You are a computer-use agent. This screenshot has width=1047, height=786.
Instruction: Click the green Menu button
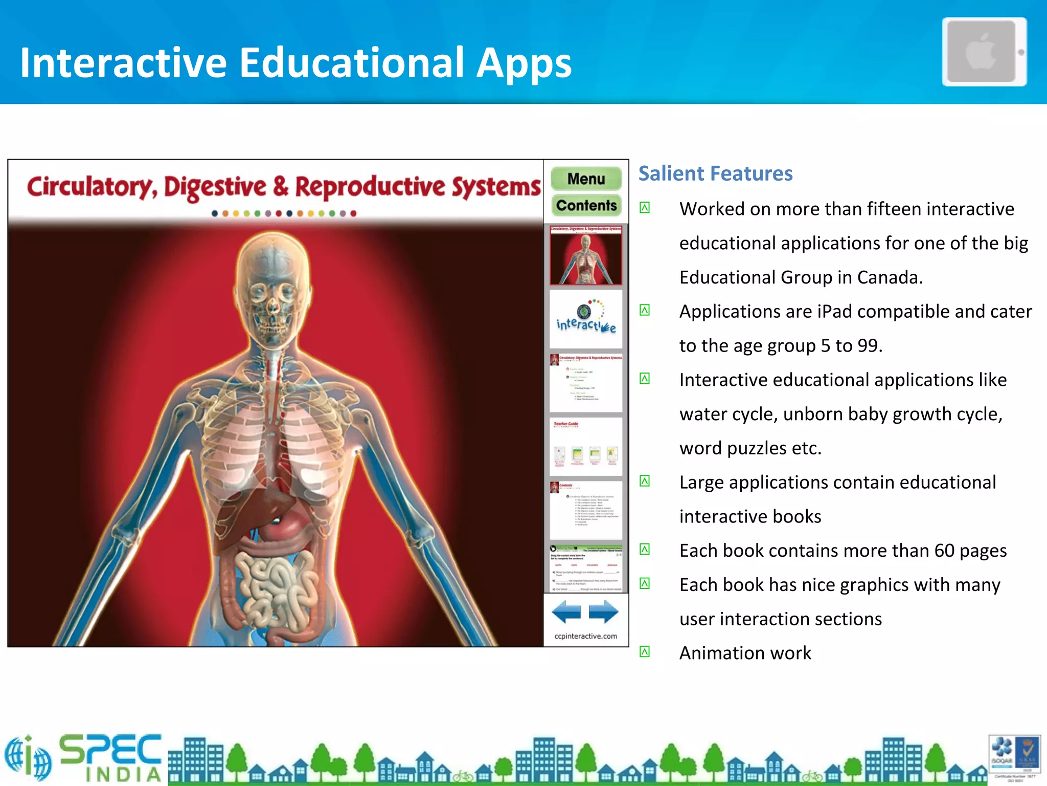pos(586,179)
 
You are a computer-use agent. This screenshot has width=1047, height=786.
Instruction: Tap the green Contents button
pos(586,205)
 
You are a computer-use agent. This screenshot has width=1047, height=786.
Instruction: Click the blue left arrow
pos(566,612)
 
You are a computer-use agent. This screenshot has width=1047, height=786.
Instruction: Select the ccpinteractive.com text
pos(585,636)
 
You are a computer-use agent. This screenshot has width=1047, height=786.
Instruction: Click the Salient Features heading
pos(715,173)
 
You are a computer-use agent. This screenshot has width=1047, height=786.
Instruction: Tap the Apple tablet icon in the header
pos(984,52)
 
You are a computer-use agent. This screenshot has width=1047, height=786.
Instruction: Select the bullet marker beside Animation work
pos(645,652)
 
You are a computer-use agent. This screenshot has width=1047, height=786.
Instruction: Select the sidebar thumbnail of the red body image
pos(586,255)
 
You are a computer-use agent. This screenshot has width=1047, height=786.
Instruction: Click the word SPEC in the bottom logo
pos(110,750)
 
